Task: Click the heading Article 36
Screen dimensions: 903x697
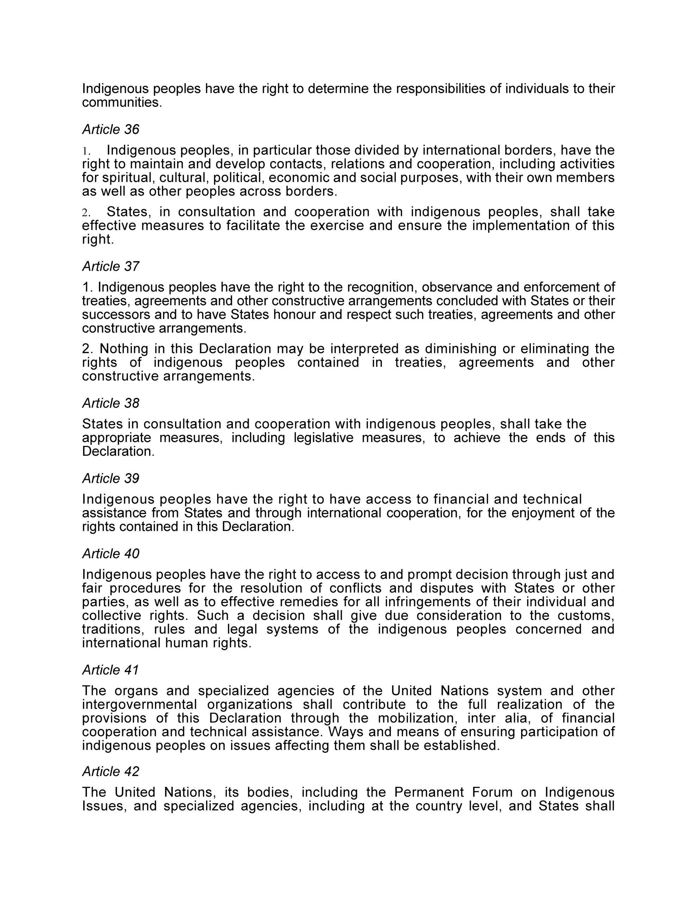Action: click(x=111, y=129)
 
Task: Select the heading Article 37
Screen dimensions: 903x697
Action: click(x=111, y=266)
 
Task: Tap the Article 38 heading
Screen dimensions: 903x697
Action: click(x=111, y=403)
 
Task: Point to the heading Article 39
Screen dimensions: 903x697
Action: click(x=111, y=478)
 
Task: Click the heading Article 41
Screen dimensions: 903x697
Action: click(x=111, y=670)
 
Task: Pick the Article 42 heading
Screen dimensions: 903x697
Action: click(x=111, y=771)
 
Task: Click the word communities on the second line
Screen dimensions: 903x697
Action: click(x=122, y=103)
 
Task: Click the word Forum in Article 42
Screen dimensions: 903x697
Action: click(x=494, y=792)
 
